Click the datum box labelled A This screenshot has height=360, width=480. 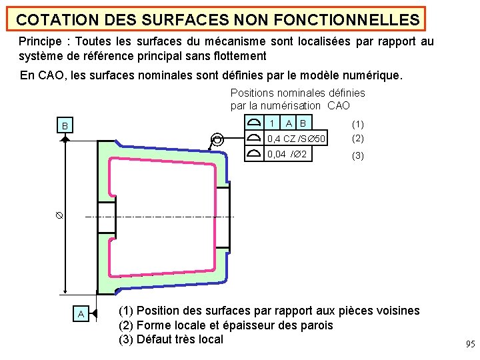[x=81, y=314]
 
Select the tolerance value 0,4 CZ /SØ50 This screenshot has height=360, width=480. [x=296, y=139]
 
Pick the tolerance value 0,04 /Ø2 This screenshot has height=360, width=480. [x=287, y=155]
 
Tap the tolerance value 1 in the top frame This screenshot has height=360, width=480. [x=271, y=123]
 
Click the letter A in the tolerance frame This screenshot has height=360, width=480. [x=289, y=123]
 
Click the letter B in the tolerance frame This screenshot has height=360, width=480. [x=303, y=123]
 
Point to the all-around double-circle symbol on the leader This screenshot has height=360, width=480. [x=217, y=139]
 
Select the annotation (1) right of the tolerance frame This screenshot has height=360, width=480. [x=358, y=124]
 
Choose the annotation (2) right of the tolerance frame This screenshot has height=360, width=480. [x=358, y=139]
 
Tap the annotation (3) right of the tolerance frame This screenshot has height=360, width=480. [x=358, y=155]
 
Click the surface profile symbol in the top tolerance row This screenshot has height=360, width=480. [x=253, y=123]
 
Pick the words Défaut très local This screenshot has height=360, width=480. [x=179, y=339]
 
